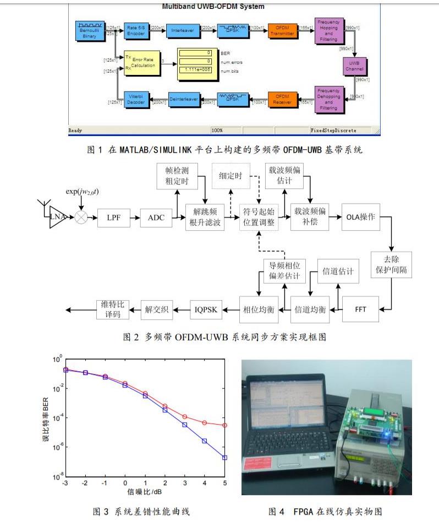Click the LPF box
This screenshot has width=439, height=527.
pyautogui.click(x=113, y=217)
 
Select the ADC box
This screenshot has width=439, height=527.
pyautogui.click(x=156, y=217)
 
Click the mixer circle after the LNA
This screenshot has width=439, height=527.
pyautogui.click(x=81, y=217)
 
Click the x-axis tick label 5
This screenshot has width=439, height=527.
pyautogui.click(x=226, y=483)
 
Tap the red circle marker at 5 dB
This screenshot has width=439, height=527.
pyautogui.click(x=226, y=425)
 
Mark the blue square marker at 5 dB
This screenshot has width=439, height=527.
pyautogui.click(x=226, y=458)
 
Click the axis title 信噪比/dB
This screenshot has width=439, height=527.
pyautogui.click(x=145, y=491)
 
